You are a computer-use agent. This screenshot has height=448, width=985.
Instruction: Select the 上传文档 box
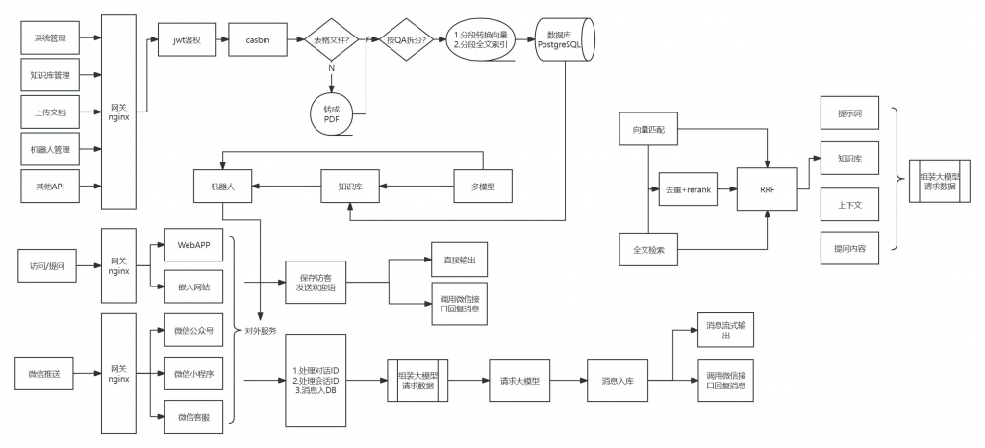coord(50,112)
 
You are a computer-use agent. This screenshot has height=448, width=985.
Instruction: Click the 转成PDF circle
coord(332,113)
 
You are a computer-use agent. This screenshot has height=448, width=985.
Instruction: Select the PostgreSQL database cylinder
coord(565,38)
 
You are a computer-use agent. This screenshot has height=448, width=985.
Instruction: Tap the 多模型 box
coord(484,186)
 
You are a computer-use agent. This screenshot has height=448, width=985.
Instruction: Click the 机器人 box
coord(222,186)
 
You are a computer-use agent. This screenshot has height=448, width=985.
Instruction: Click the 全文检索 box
coord(647,250)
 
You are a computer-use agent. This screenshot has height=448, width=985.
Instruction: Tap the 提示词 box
coord(849,112)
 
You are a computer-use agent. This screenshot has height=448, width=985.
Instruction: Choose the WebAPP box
coord(193,245)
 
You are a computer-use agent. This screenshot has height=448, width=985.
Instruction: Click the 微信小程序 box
coord(193,373)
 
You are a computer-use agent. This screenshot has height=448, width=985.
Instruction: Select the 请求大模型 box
coord(520,381)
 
